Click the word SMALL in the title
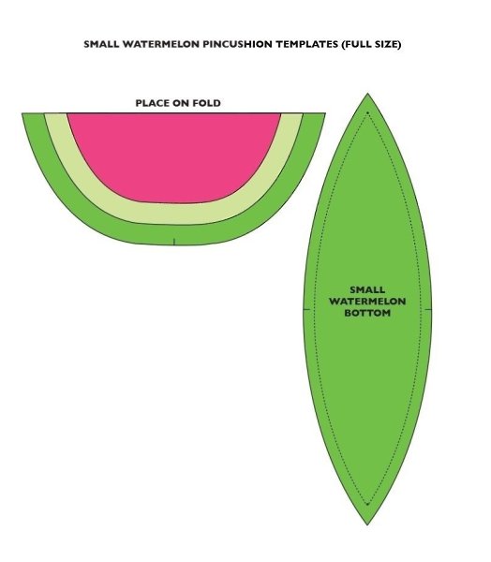pos(101,44)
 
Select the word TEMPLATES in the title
pos(306,44)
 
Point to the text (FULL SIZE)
pos(371,44)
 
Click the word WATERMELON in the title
pos(160,44)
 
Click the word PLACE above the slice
pos(153,103)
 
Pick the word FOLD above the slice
pos(206,103)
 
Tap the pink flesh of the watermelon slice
pos(174,155)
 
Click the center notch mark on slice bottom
pos(174,242)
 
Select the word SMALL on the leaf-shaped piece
pos(367,289)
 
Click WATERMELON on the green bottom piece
pos(367,301)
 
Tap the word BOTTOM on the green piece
pos(367,313)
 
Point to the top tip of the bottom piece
pos(367,94)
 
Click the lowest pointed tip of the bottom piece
pos(367,525)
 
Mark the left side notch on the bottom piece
pos(306,309)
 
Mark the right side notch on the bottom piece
pos(428,309)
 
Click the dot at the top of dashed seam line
pos(367,113)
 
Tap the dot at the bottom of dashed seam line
pos(367,504)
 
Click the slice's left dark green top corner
pos(22,113)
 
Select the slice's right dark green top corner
pos(325,113)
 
